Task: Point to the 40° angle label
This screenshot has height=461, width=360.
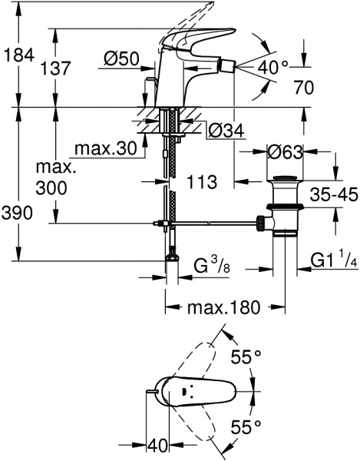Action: (272, 68)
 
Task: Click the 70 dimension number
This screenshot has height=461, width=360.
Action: (303, 88)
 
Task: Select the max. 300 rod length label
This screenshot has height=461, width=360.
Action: (60, 177)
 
